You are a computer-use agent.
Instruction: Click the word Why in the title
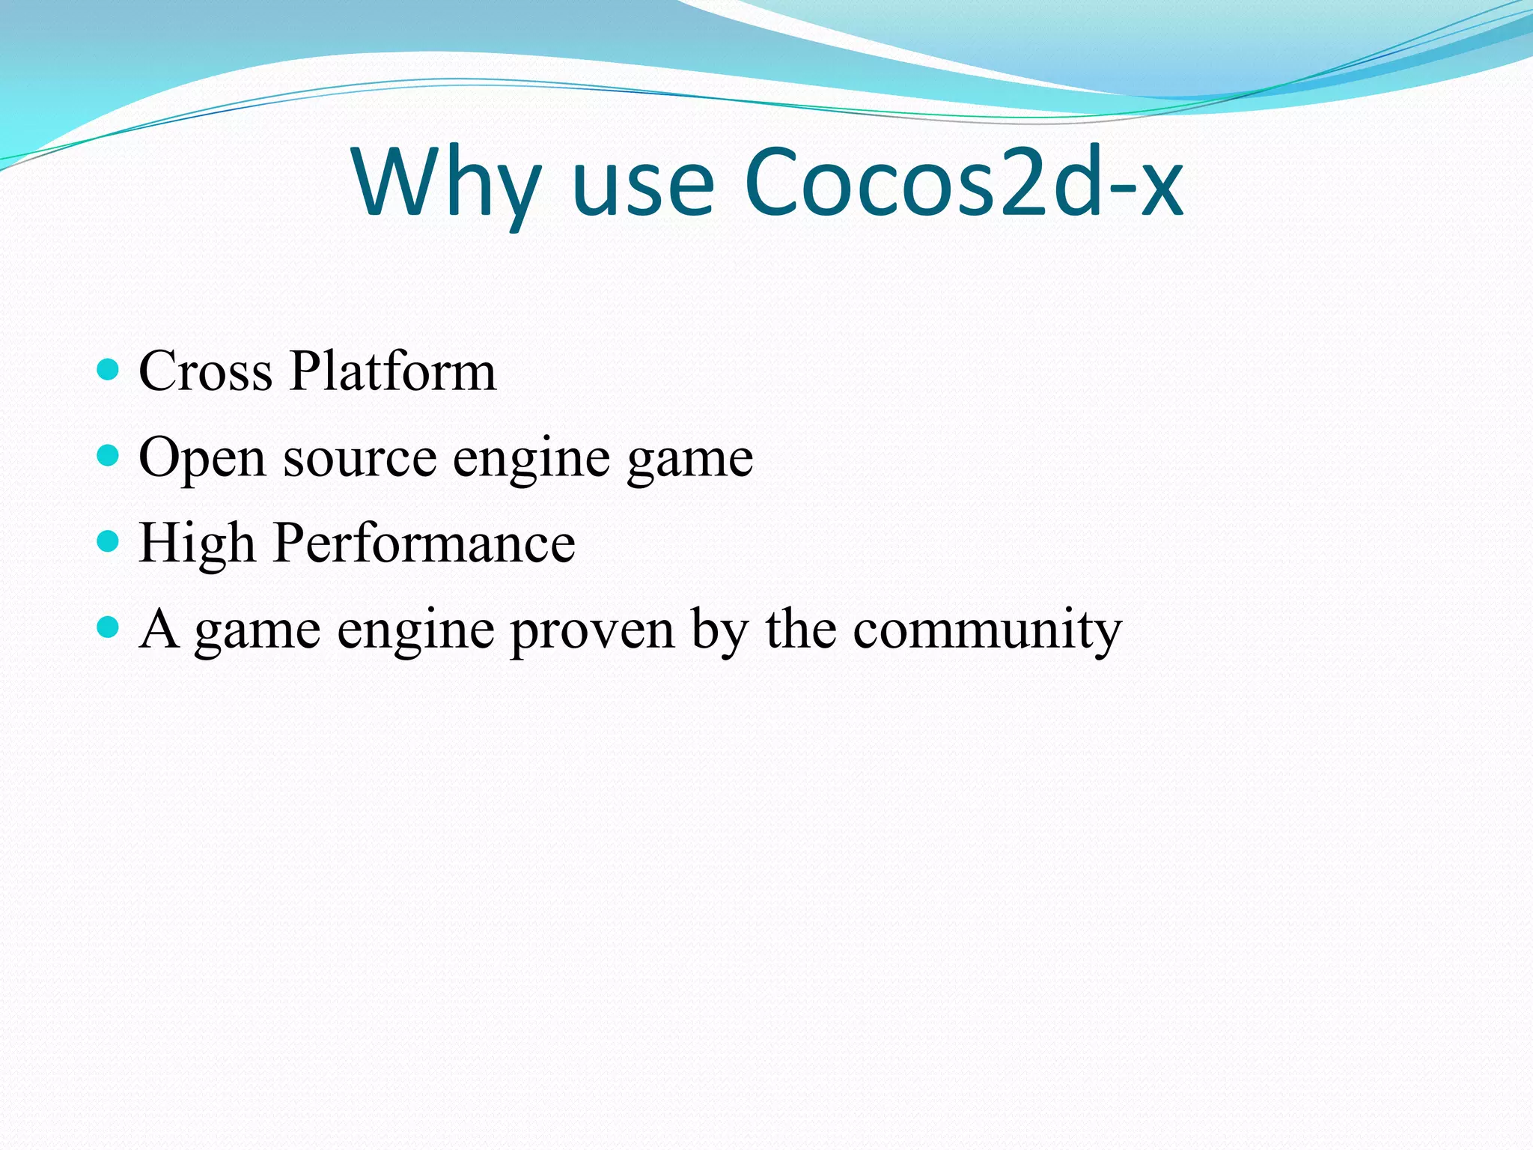tap(446, 183)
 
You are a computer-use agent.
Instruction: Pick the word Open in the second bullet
tap(202, 458)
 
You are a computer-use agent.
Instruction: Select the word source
tap(360, 458)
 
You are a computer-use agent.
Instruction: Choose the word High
tap(197, 544)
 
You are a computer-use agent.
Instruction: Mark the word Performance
tap(424, 544)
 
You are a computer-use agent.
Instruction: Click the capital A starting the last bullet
tap(159, 628)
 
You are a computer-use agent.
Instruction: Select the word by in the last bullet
tap(719, 630)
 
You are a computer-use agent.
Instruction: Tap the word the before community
tap(801, 628)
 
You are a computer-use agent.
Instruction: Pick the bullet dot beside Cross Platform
tap(109, 369)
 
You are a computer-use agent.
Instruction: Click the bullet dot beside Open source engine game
tap(109, 455)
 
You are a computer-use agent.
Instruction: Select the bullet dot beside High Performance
tap(109, 541)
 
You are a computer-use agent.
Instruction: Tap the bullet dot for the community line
tap(109, 626)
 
